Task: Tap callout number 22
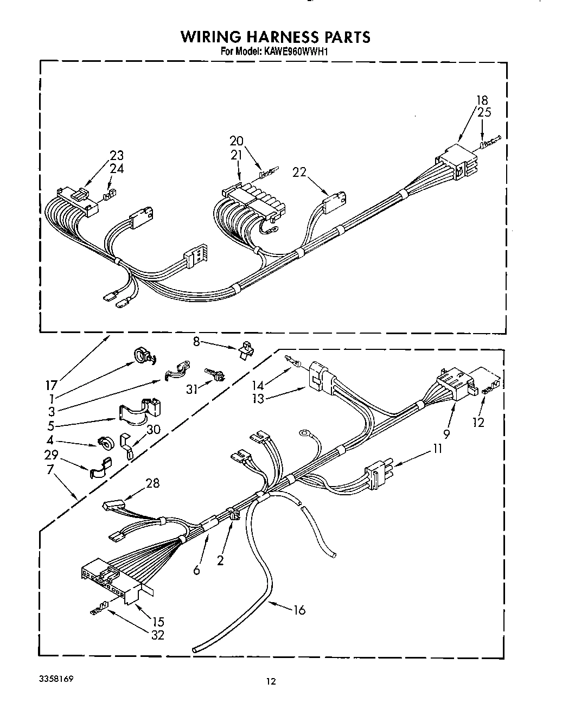(299, 172)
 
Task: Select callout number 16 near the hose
(299, 610)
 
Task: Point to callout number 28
(153, 482)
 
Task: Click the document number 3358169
(56, 679)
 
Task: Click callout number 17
(51, 386)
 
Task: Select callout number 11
(437, 449)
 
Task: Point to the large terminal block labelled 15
(112, 583)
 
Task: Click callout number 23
(117, 156)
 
